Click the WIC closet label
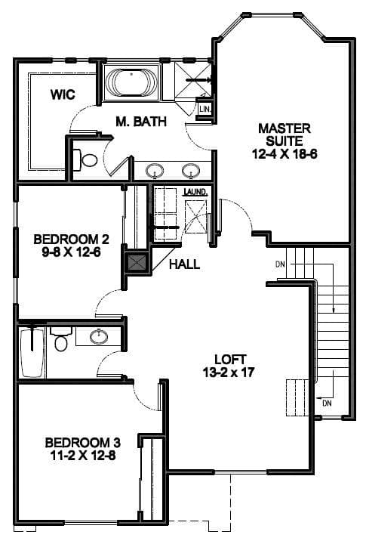tap(63, 94)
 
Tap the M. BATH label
tap(141, 122)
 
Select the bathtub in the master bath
tap(131, 83)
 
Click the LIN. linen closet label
tap(205, 110)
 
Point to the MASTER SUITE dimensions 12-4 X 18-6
tap(284, 153)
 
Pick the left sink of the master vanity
tap(155, 170)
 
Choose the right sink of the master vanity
tap(191, 170)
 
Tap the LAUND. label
tap(195, 192)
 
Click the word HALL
tap(185, 264)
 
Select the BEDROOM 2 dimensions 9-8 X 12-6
tap(72, 252)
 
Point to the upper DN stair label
tap(280, 264)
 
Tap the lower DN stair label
tap(327, 403)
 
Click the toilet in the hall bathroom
tap(61, 339)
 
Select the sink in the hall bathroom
tap(99, 336)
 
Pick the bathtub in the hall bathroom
tap(32, 353)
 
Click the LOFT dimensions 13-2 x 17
tap(229, 373)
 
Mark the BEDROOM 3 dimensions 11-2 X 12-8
tap(83, 456)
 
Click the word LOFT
tap(230, 360)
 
